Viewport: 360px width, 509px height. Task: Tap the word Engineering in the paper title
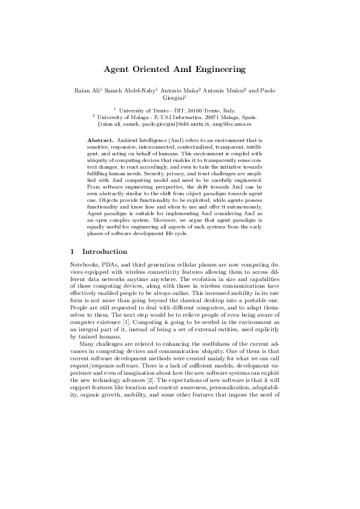point(223,70)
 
